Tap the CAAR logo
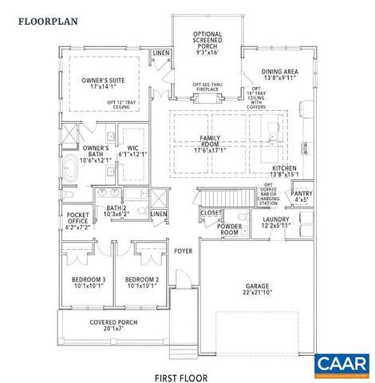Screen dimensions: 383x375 tap(340, 365)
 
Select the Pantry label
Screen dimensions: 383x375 tap(301, 196)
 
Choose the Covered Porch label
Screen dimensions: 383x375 tap(116, 326)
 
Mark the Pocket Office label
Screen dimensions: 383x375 tap(78, 221)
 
